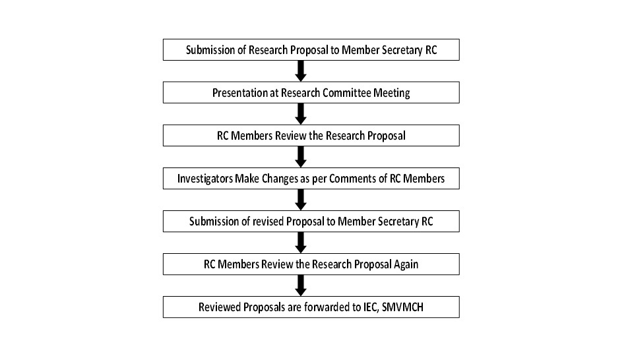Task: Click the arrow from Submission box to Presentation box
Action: pos(301,71)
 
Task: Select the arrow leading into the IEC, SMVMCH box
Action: pos(301,285)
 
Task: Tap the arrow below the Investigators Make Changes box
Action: pos(301,199)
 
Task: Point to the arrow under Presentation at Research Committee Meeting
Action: pos(301,113)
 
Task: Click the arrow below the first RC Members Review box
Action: pos(301,156)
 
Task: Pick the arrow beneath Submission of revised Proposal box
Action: pos(301,243)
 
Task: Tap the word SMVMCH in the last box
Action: pos(402,307)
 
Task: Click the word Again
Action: pos(406,264)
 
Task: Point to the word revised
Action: pos(268,222)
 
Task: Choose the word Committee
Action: pos(347,93)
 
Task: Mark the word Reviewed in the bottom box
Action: pos(220,307)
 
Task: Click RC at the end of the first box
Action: pos(431,50)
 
